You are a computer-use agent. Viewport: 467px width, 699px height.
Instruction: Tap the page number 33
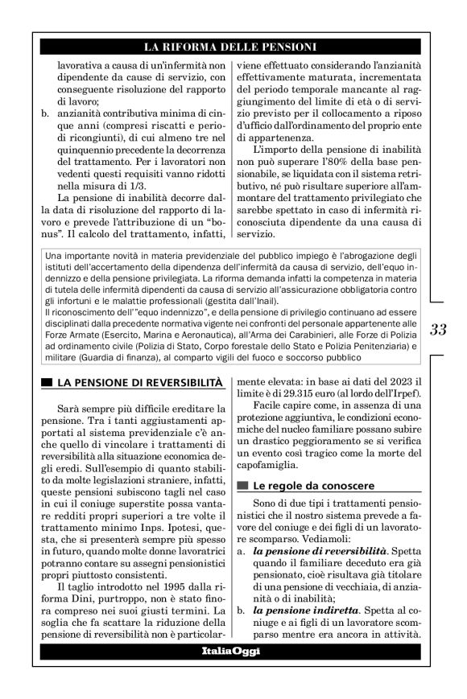click(x=439, y=330)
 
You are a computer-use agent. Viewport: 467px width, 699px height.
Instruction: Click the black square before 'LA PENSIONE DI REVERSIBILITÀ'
click(x=47, y=379)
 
